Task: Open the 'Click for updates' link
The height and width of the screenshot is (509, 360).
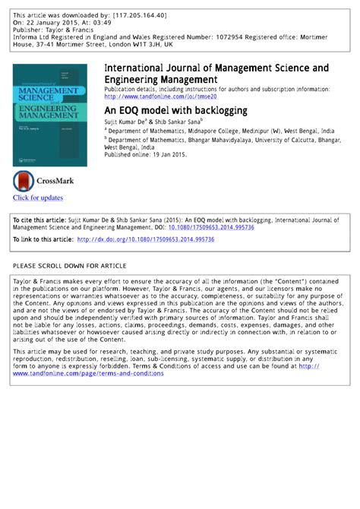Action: (38, 198)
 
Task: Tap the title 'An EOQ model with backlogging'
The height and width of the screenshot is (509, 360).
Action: (175, 110)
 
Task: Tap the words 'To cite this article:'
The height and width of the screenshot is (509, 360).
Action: (41, 220)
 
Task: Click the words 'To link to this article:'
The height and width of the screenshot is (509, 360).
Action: (43, 240)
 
